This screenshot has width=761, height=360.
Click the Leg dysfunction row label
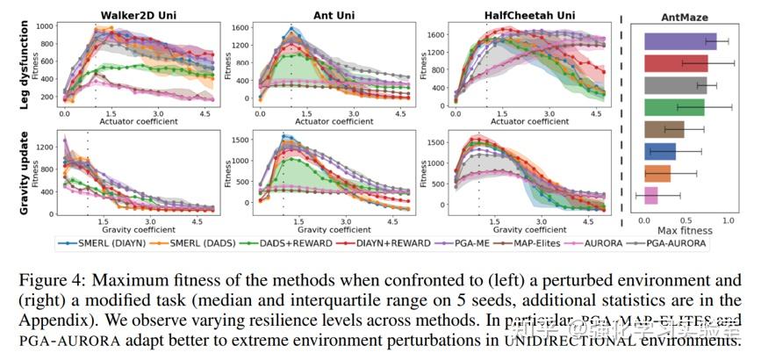[18, 66]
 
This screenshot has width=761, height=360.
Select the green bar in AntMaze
[674, 107]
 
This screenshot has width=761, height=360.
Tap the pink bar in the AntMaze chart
[650, 195]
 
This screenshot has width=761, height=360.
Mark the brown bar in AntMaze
[664, 129]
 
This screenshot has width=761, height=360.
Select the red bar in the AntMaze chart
[676, 63]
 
